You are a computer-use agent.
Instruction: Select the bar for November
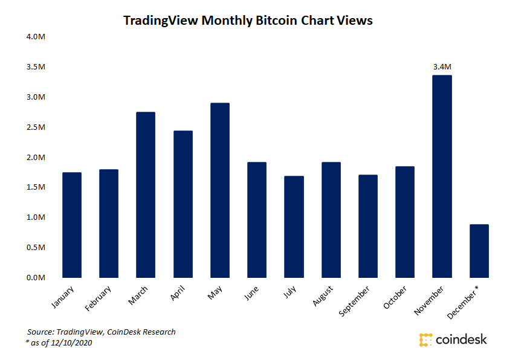click(442, 176)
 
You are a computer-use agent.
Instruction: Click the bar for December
click(479, 251)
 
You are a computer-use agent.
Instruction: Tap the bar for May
click(220, 190)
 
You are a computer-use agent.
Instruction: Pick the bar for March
click(146, 194)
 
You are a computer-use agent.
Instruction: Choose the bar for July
click(294, 227)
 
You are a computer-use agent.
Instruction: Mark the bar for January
click(72, 225)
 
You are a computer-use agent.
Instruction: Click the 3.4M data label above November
click(442, 66)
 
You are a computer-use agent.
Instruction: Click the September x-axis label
click(355, 301)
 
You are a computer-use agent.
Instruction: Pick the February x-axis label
click(100, 299)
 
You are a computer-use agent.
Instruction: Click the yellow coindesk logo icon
click(426, 339)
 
